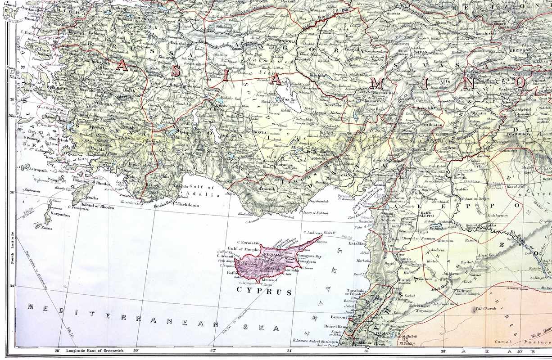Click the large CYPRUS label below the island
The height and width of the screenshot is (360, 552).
(x=264, y=292)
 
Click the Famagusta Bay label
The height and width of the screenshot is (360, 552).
(x=309, y=256)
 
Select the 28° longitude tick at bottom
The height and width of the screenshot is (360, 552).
(x=58, y=351)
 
